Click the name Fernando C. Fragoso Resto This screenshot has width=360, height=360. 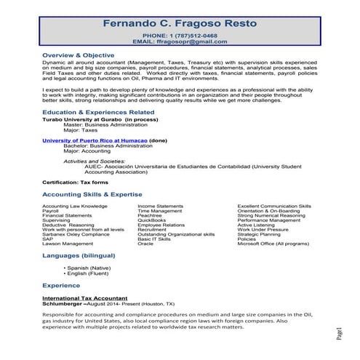coord(180,23)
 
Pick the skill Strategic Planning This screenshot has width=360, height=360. coord(258,234)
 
